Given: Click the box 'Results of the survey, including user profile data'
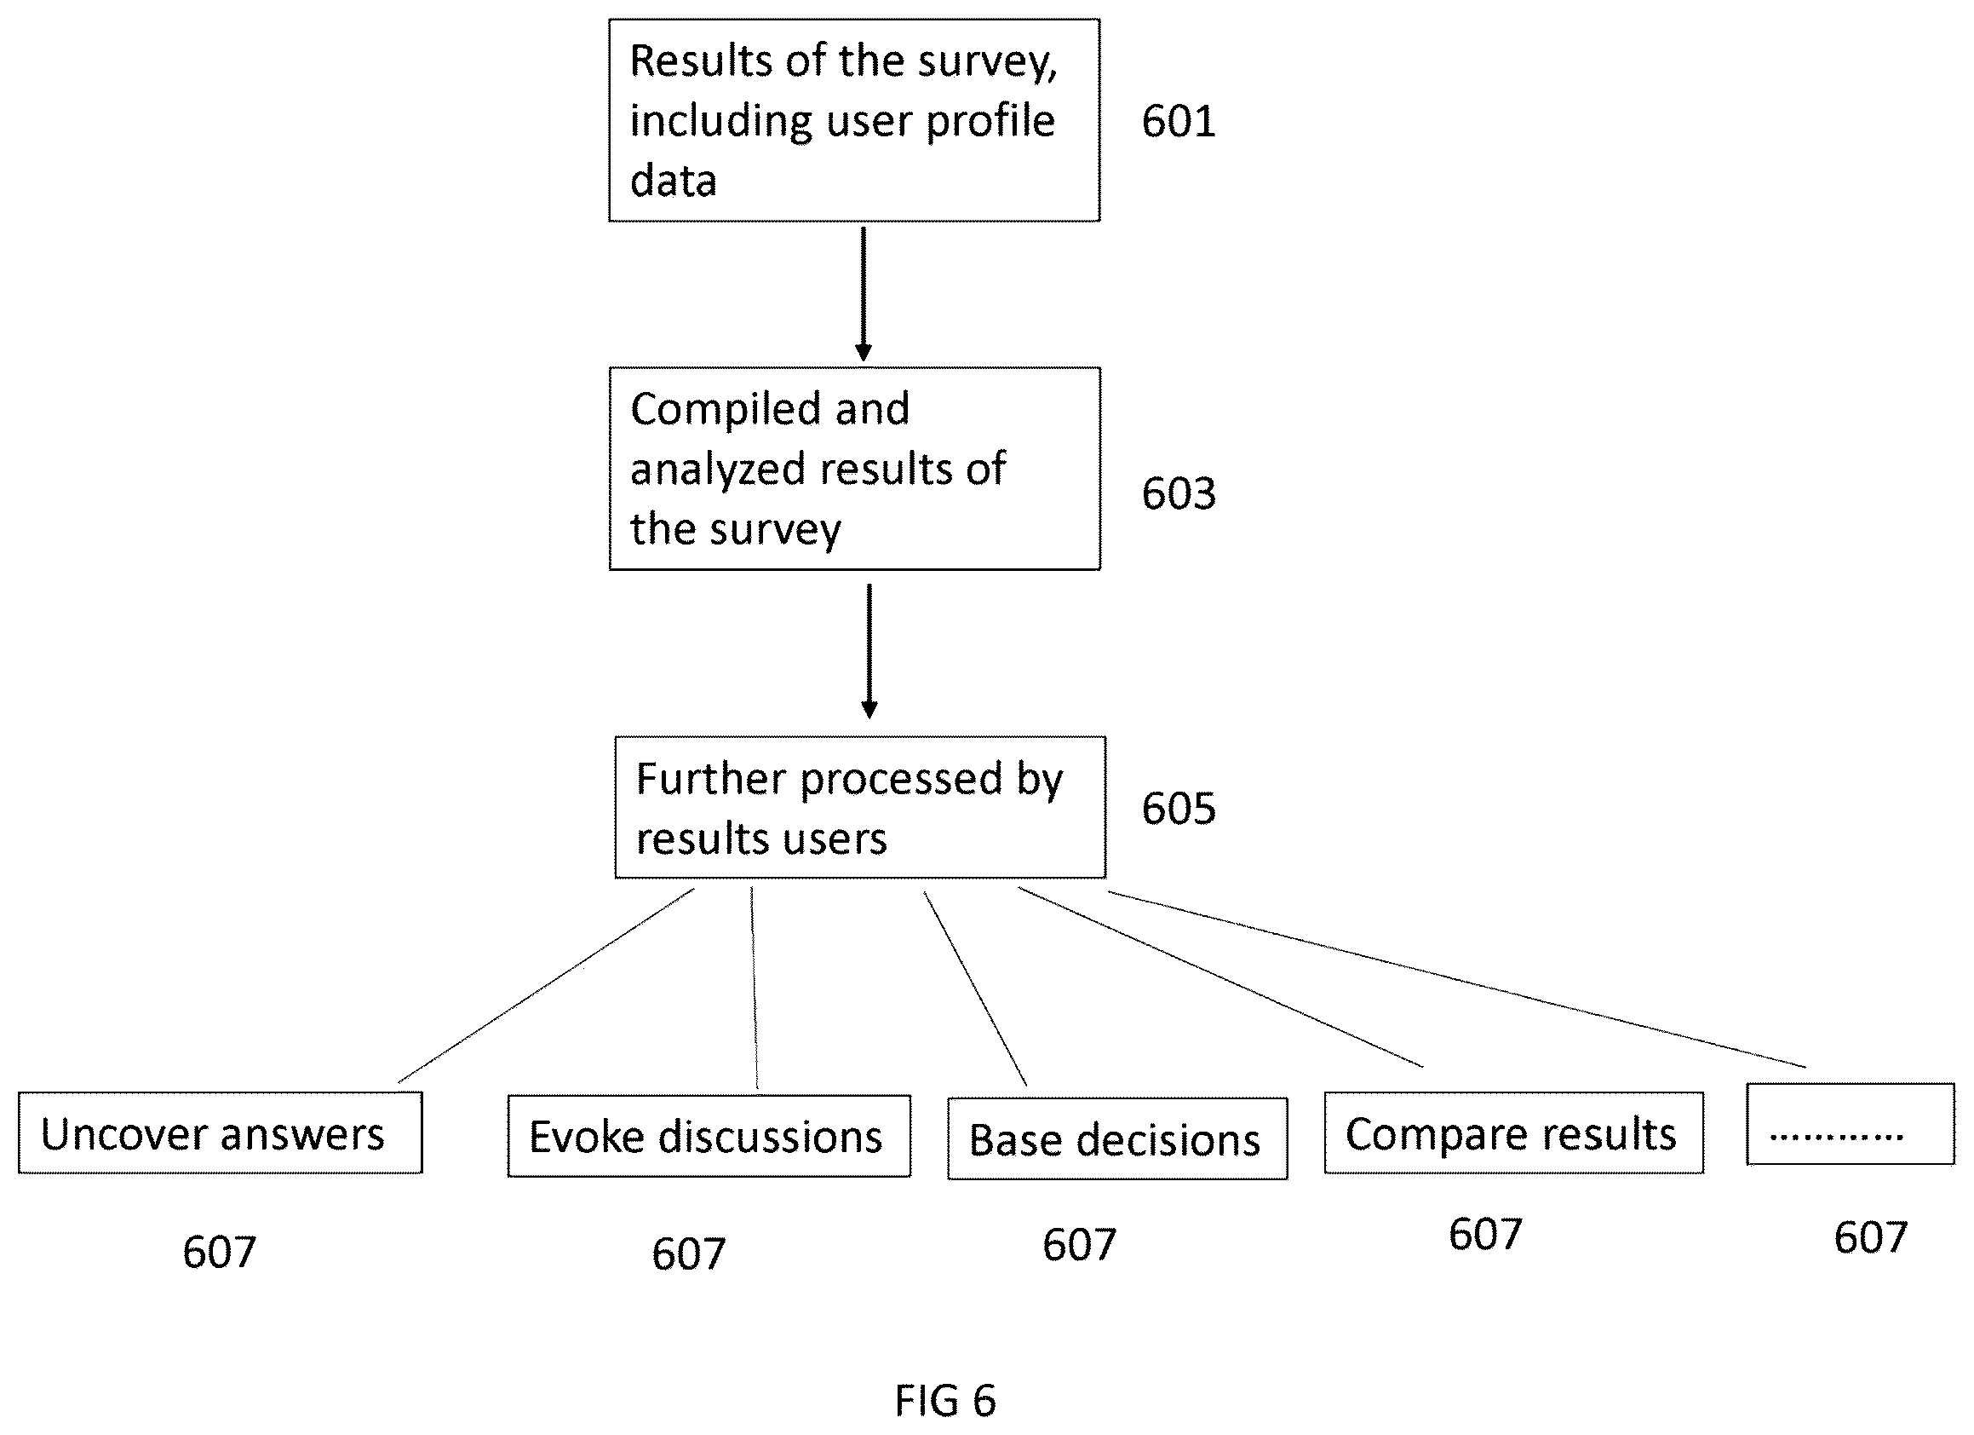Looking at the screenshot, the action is point(854,120).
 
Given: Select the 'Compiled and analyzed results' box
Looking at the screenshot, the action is point(855,469).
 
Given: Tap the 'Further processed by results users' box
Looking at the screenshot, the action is point(860,807).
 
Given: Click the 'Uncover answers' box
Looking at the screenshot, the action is point(221,1132).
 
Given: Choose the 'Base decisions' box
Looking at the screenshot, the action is point(1117,1139).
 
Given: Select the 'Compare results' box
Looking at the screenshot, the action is point(1513,1132).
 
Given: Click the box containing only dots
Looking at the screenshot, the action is point(1851,1124).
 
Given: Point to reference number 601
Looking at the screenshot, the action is point(1179,121).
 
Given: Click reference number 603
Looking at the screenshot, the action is point(1179,493).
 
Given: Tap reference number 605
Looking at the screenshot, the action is point(1179,809).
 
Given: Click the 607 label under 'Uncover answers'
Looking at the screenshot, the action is point(220,1253).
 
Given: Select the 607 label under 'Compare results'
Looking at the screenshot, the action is point(1486,1235).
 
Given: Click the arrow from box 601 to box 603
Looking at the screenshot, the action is point(864,293).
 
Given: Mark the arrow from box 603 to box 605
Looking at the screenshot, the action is point(869,651).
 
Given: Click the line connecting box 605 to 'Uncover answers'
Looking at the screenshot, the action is point(547,985).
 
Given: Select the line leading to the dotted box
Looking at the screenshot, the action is point(1457,979).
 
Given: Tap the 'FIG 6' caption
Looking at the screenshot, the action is point(945,1401).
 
